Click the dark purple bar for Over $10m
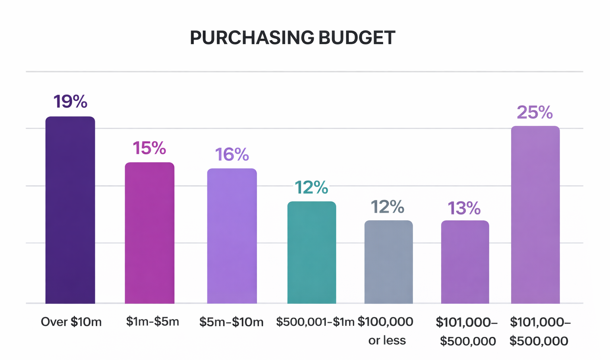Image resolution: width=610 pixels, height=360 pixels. click(x=70, y=210)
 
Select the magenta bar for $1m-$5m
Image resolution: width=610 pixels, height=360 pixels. click(x=149, y=233)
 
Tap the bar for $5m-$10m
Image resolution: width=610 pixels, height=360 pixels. click(x=232, y=236)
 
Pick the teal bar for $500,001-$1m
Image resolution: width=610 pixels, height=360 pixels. click(x=312, y=252)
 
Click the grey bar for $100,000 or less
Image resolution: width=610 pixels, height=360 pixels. click(x=388, y=262)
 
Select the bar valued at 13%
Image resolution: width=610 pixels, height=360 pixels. click(x=465, y=262)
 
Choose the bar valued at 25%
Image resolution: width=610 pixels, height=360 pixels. click(x=535, y=215)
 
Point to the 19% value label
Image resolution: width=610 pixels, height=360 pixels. click(x=70, y=102)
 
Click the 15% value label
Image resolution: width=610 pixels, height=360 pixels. click(x=149, y=148)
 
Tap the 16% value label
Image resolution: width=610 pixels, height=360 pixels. click(x=232, y=154)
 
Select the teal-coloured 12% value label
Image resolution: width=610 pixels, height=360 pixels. click(x=311, y=187)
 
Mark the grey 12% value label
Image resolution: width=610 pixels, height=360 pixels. click(x=387, y=207)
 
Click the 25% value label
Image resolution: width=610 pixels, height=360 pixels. click(x=535, y=112)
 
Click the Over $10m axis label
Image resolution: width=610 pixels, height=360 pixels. click(x=71, y=322)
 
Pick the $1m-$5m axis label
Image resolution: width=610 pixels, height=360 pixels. click(x=152, y=321)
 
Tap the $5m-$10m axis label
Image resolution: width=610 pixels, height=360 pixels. click(x=232, y=322)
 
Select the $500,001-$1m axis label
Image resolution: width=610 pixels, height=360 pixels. click(x=315, y=322)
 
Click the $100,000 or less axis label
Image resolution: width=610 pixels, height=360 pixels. click(x=386, y=331)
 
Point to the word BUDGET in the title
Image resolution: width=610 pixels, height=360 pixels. click(x=357, y=38)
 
